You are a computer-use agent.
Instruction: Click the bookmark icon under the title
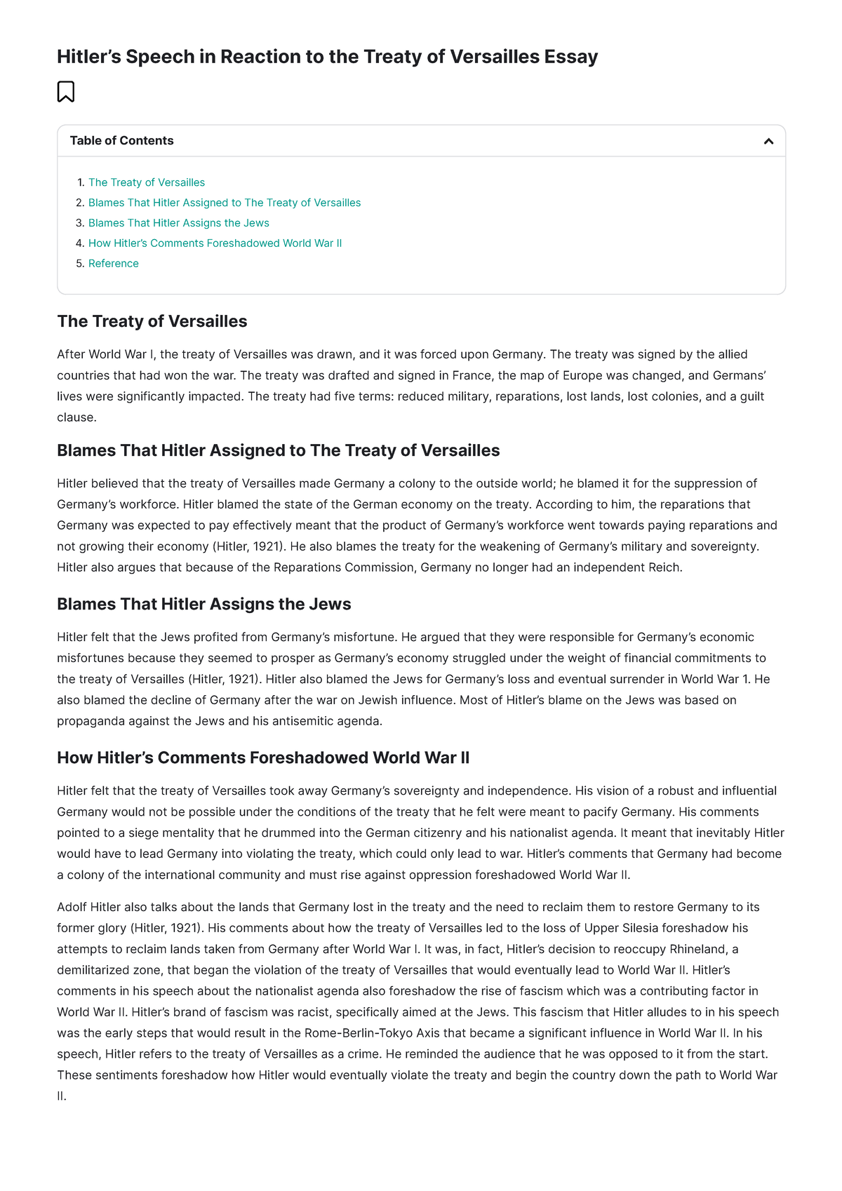tap(65, 92)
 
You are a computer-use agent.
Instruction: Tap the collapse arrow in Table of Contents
tap(768, 141)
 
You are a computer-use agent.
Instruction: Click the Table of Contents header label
tap(121, 140)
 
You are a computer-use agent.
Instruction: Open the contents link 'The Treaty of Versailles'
tap(147, 182)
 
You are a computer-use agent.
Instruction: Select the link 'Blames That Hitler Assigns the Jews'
tap(178, 223)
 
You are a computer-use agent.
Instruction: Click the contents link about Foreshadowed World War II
tap(215, 243)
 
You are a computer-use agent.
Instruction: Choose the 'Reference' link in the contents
tap(113, 264)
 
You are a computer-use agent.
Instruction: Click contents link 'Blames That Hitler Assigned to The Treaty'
tap(225, 203)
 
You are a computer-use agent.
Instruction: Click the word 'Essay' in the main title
tap(571, 56)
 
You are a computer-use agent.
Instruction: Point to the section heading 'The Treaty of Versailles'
tap(152, 321)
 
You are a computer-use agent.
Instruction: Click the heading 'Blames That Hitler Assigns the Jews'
tap(203, 604)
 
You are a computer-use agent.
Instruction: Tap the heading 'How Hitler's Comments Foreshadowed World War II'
tap(263, 758)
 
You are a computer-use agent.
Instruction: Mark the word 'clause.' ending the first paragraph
tap(76, 417)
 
